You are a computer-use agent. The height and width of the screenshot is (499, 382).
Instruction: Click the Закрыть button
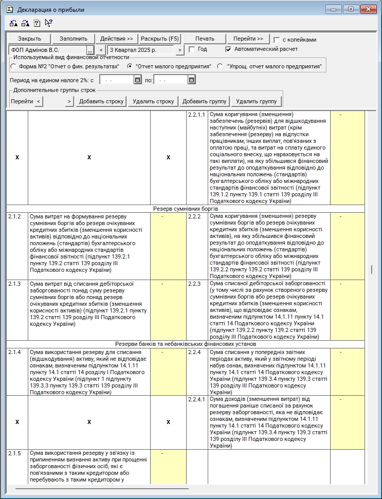(29, 39)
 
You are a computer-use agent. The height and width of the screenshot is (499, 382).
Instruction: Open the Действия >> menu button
(117, 39)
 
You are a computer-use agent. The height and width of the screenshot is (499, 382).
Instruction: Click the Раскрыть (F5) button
(160, 39)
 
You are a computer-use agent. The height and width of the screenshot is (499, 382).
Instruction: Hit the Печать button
(205, 39)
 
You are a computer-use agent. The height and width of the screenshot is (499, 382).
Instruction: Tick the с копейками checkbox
(277, 40)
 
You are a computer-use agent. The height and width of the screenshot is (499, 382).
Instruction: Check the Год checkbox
(192, 49)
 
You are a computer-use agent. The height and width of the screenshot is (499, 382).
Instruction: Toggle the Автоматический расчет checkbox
(229, 49)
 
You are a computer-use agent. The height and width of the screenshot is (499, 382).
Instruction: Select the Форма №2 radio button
(13, 66)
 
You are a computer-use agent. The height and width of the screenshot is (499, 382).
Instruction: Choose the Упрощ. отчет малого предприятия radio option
(220, 66)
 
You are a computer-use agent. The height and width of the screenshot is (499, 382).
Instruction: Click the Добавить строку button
(101, 101)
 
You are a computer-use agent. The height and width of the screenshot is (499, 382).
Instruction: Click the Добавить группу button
(204, 101)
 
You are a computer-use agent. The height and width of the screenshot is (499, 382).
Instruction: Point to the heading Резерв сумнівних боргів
(186, 209)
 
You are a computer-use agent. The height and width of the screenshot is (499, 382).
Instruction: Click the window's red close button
(368, 9)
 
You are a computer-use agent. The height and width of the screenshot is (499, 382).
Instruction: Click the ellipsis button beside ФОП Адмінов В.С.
(90, 50)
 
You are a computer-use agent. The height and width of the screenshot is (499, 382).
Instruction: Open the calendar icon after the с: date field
(137, 80)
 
